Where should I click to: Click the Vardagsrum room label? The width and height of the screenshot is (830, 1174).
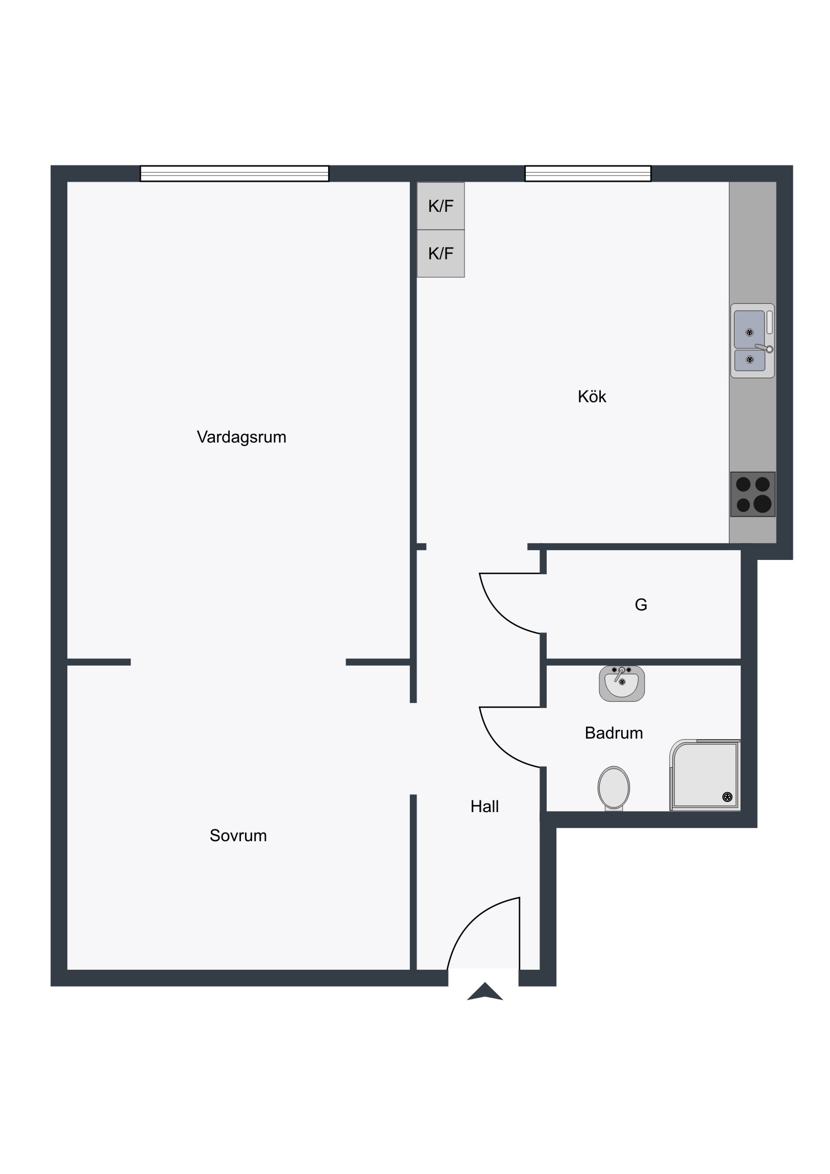pos(241,437)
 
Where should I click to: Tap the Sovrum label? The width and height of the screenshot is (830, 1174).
pos(238,835)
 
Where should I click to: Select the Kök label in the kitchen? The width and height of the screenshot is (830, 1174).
pos(592,396)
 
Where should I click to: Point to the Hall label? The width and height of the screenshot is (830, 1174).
pos(484,806)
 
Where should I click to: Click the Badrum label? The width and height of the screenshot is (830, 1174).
pos(614,732)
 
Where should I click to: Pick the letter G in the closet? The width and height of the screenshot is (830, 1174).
pos(641,605)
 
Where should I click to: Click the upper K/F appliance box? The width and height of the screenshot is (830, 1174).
pos(441,206)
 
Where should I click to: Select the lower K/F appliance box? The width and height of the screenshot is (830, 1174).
pos(441,254)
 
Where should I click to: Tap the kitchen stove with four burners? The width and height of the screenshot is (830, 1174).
pos(753,495)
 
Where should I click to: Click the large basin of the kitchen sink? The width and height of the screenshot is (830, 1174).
pos(749,329)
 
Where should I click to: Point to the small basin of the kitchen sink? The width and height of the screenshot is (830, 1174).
pos(750,360)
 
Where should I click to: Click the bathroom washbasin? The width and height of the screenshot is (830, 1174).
pos(622,683)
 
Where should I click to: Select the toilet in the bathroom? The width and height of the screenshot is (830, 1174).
pos(614,789)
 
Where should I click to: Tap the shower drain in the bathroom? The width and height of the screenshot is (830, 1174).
pos(727,797)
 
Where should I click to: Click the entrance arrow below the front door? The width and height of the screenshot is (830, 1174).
pos(485,991)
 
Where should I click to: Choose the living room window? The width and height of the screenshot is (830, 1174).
pos(235,174)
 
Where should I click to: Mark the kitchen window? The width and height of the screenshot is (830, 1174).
pos(588,174)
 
